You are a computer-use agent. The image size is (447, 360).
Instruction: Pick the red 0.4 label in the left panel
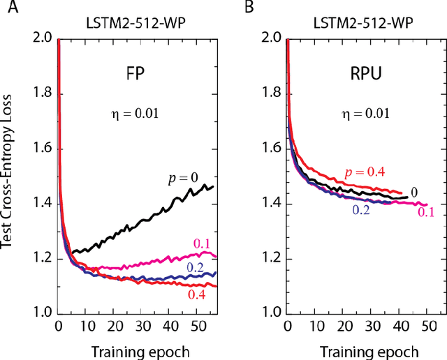coord(198,295)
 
